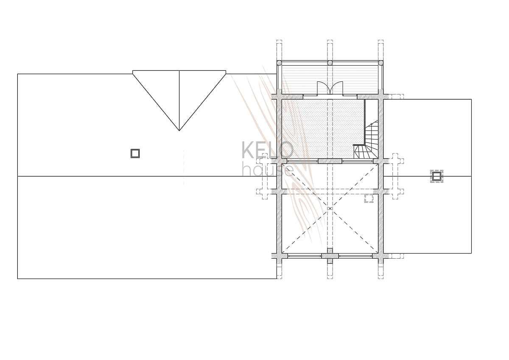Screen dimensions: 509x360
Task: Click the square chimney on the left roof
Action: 135,153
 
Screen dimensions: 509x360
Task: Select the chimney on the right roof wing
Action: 436,176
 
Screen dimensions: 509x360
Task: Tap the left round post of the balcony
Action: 279,63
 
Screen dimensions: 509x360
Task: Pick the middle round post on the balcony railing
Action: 330,63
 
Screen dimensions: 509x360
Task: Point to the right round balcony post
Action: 381,63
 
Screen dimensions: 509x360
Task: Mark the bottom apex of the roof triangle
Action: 179,131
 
